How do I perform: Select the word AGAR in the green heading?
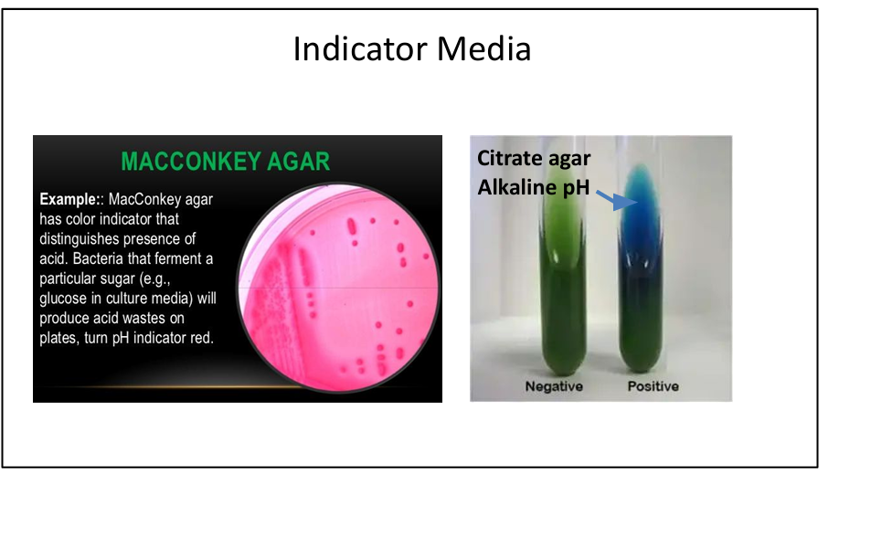click(298, 163)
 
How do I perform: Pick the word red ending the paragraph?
click(200, 339)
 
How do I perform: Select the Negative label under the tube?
click(555, 386)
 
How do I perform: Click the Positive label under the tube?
click(653, 386)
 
